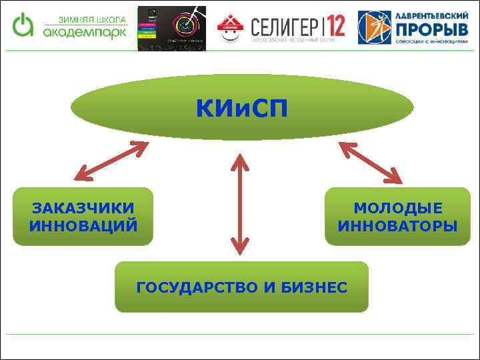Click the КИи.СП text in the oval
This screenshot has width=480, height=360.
241,107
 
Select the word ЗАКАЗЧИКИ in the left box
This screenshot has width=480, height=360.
83,208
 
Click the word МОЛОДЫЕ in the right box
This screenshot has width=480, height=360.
397,208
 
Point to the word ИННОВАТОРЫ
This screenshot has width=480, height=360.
397,225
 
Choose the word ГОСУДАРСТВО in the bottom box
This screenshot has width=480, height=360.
197,287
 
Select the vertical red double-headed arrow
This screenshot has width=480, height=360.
241,204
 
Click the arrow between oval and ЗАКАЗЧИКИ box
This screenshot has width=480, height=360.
111,161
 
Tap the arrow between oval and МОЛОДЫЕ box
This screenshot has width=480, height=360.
371,162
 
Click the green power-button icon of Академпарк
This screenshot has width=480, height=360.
24,25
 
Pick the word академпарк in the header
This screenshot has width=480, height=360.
84,31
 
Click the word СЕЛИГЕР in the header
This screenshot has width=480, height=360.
285,26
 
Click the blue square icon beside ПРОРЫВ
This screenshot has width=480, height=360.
374,28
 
